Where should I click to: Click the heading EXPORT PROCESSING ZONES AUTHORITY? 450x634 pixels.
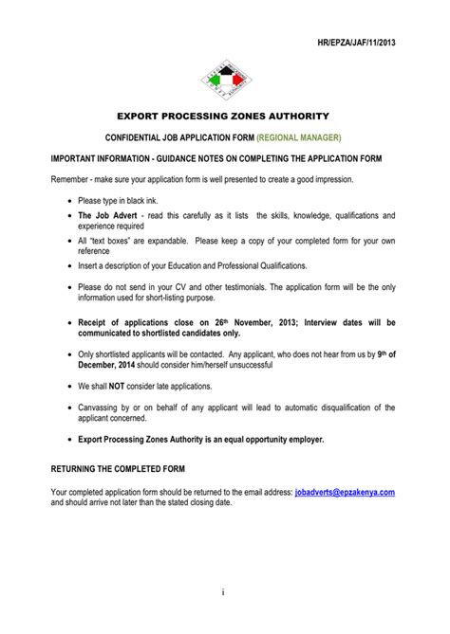tap(224, 116)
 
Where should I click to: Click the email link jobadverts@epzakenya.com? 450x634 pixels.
tap(345, 493)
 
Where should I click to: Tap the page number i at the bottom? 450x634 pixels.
tap(224, 593)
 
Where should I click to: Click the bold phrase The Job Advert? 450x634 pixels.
tap(106, 216)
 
